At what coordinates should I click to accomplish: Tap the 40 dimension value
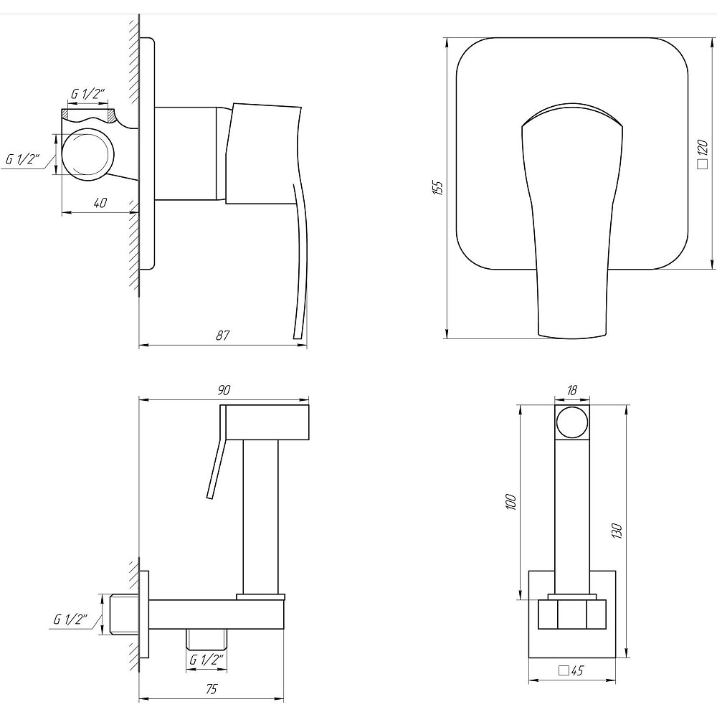click(x=100, y=203)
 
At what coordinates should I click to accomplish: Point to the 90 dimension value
click(x=224, y=390)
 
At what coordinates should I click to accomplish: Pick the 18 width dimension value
click(x=572, y=390)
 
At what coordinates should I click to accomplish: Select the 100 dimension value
click(x=511, y=501)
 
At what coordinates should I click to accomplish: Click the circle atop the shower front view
click(x=572, y=422)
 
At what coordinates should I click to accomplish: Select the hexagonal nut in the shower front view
click(x=572, y=614)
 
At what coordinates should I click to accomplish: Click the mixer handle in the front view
click(x=571, y=215)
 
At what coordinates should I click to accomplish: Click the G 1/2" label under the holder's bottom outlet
click(x=206, y=660)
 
